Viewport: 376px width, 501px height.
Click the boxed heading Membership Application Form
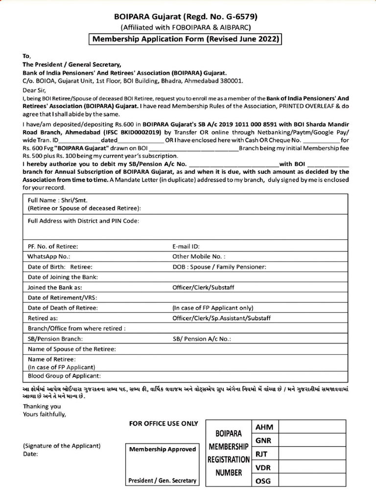click(x=186, y=39)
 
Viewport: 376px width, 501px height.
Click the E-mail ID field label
click(x=186, y=246)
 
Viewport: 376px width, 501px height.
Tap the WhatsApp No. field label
click(x=49, y=256)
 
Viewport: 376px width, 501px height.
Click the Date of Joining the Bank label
click(x=63, y=277)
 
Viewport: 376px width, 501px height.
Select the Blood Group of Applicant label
click(x=64, y=376)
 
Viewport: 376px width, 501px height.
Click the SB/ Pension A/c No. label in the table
click(x=202, y=339)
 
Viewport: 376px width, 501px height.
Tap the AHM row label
click(x=264, y=428)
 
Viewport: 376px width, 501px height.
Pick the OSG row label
click(x=263, y=481)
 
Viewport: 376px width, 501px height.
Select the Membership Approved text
click(x=162, y=449)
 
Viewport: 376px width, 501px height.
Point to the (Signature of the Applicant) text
click(x=62, y=446)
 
